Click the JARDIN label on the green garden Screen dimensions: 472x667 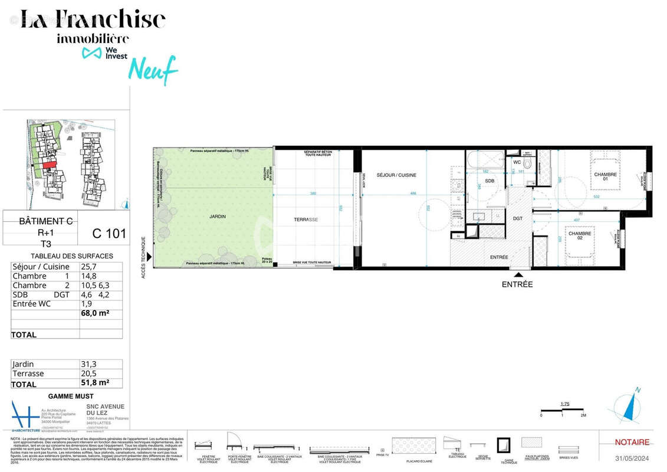217,217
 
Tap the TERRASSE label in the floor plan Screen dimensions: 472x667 305,219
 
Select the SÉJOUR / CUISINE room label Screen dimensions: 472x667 396,175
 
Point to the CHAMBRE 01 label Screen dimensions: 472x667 605,176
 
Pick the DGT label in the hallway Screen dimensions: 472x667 517,219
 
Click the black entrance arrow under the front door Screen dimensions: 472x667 517,275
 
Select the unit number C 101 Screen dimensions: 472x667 109,233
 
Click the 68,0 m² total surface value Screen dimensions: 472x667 94,313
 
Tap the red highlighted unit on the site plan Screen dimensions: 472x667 49,165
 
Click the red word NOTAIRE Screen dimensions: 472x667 632,442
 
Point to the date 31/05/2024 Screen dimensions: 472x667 632,458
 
